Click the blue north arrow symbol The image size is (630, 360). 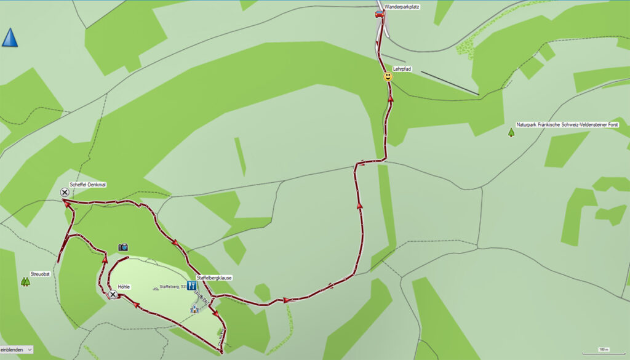(x=10, y=38)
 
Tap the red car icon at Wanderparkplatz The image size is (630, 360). (x=379, y=14)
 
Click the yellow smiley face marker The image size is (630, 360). (x=388, y=77)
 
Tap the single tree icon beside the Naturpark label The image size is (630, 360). (x=511, y=132)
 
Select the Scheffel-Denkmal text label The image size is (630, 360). (x=89, y=184)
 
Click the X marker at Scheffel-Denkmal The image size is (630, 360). (x=65, y=193)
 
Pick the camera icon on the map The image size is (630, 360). (x=123, y=247)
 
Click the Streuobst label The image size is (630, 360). (x=39, y=273)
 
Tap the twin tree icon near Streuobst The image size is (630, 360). (x=25, y=281)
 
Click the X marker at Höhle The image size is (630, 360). (x=113, y=295)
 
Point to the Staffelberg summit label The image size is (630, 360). (x=173, y=287)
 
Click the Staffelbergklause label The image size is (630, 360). (x=214, y=278)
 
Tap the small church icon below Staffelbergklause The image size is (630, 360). (x=195, y=308)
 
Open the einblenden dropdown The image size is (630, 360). (x=17, y=350)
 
